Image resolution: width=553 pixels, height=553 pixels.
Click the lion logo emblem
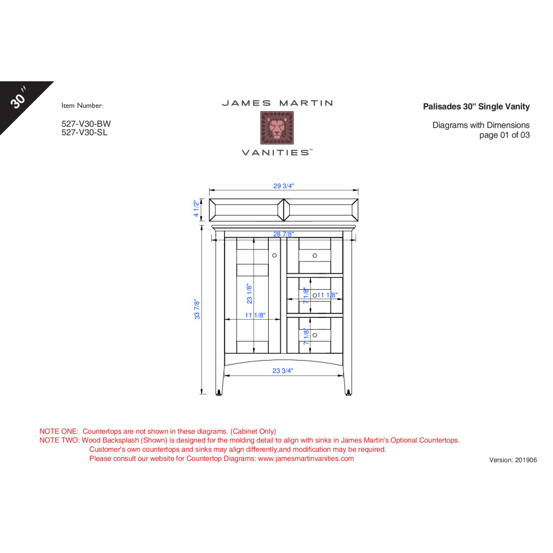(277, 128)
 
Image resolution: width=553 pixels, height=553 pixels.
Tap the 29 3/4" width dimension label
(284, 186)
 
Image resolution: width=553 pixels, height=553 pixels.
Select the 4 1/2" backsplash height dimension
(196, 208)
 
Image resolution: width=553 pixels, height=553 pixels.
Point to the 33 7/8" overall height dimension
(197, 309)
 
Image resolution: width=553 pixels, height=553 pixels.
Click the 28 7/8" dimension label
(284, 234)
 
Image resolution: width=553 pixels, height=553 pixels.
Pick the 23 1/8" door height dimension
(249, 294)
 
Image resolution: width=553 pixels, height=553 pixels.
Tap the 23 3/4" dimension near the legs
(283, 371)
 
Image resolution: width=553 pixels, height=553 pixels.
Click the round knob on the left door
(274, 255)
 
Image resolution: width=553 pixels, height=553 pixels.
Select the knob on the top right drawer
(315, 255)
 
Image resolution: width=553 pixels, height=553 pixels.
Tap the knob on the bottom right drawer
(315, 335)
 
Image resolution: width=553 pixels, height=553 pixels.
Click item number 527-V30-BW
(86, 124)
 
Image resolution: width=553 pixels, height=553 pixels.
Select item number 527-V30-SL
(84, 132)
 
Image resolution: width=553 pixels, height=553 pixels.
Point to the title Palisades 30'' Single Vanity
(476, 107)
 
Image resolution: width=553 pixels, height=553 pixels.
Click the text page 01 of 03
(504, 135)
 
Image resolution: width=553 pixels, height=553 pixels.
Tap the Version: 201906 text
(513, 460)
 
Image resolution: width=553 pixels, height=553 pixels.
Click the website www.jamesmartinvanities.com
(306, 458)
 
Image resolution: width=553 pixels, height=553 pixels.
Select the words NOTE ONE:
(59, 431)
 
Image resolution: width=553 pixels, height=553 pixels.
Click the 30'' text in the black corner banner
(19, 98)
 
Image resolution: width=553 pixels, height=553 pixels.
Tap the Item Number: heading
(82, 106)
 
